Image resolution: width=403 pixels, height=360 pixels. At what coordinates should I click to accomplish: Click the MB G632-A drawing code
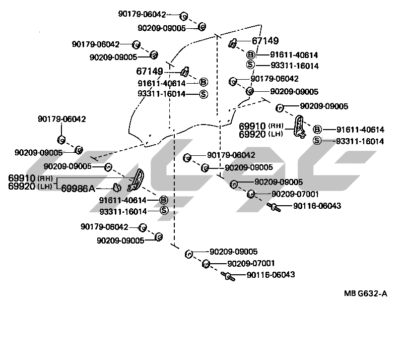click(x=366, y=294)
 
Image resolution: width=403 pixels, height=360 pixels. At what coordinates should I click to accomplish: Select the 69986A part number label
click(x=78, y=188)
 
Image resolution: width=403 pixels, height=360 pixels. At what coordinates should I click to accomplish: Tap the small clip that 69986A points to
click(x=116, y=188)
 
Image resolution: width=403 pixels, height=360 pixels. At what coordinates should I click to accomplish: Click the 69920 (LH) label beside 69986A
click(x=29, y=186)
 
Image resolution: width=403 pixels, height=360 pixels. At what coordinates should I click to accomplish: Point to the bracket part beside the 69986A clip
click(x=137, y=180)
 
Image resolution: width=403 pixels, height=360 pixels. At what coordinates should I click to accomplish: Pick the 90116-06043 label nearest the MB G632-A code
click(x=271, y=275)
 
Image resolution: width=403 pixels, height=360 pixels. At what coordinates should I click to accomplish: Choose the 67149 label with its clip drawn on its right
click(x=150, y=71)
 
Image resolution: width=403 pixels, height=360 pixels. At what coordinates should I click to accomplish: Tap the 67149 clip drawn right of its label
click(x=184, y=71)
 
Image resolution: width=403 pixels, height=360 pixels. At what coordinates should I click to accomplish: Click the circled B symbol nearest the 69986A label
click(x=164, y=200)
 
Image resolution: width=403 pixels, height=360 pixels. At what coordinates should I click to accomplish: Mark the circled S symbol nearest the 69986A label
click(x=164, y=210)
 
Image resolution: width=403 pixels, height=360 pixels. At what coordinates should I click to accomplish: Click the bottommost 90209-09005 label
click(x=234, y=252)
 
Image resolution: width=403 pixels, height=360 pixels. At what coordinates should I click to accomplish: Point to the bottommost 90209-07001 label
click(x=251, y=263)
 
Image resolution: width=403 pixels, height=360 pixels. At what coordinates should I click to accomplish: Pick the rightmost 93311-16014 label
click(x=360, y=141)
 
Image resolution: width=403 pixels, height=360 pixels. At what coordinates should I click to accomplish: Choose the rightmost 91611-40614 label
click(x=360, y=130)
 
